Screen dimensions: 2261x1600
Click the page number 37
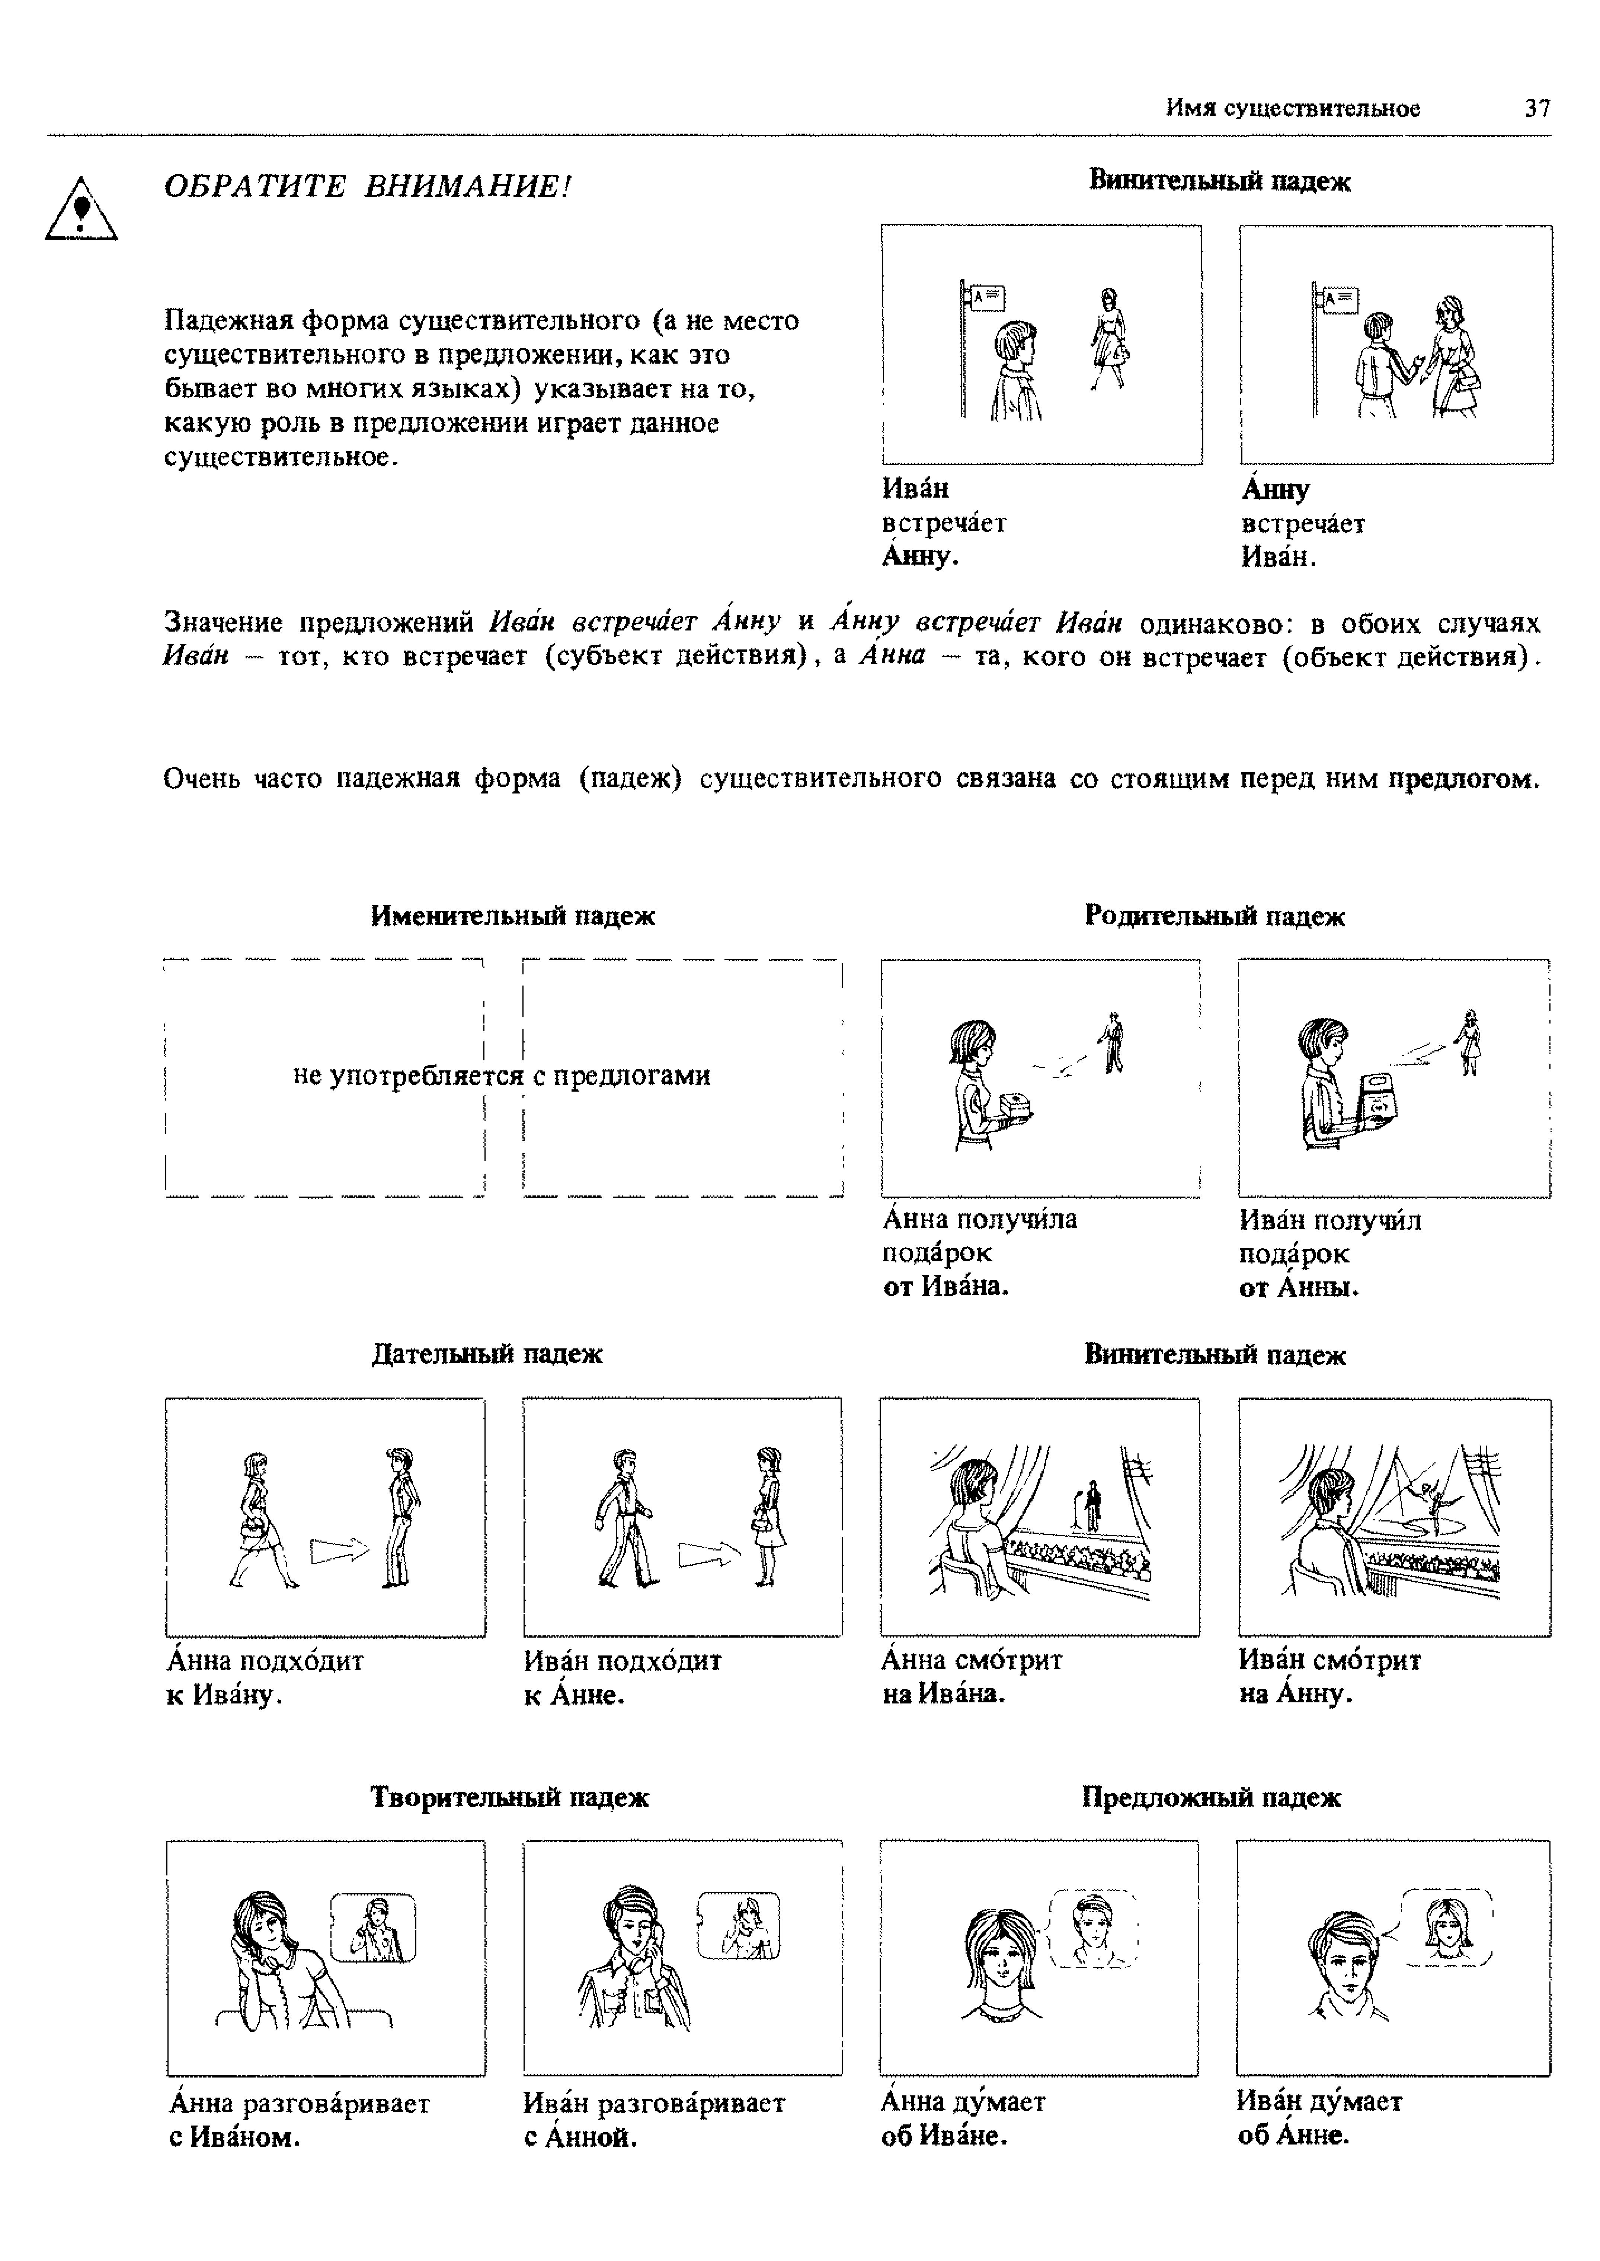pyautogui.click(x=1537, y=108)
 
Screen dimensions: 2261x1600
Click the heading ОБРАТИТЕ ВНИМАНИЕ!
pyautogui.click(x=368, y=186)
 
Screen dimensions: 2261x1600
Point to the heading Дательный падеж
pyautogui.click(x=487, y=1354)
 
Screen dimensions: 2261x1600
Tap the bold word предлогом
pyautogui.click(x=1463, y=779)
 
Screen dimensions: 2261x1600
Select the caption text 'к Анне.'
pyautogui.click(x=575, y=1696)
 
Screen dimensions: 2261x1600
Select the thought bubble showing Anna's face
pyautogui.click(x=1446, y=1927)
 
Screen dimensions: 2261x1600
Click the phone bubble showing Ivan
pyautogui.click(x=372, y=1927)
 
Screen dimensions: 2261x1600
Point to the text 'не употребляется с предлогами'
pyautogui.click(x=502, y=1075)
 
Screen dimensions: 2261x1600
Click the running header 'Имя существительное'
pyautogui.click(x=1293, y=108)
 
